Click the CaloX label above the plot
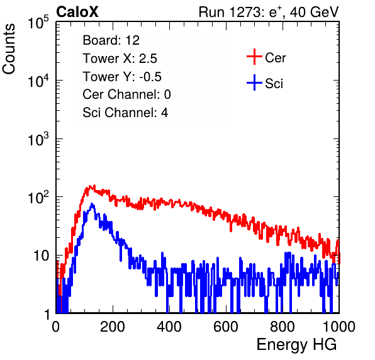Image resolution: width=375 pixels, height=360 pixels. point(77,12)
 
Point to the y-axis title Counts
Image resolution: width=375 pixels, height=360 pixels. point(9,49)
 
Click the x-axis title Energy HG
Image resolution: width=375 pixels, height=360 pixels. point(296,345)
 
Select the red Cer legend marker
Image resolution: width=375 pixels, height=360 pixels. point(254,57)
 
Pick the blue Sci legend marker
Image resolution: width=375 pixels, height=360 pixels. point(254,82)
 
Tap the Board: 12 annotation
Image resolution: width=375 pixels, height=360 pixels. point(111,40)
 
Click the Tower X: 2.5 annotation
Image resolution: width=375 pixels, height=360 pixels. point(120,59)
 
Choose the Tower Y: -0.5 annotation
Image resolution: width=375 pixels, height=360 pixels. point(122,77)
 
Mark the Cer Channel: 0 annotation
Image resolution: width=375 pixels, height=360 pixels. point(126,94)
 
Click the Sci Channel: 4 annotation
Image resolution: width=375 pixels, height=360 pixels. point(125,113)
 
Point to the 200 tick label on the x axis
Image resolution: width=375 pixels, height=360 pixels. point(113,327)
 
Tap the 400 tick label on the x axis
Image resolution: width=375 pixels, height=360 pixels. point(169,327)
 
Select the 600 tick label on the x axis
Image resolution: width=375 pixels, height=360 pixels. point(226,327)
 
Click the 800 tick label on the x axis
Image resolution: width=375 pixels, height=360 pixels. point(283,327)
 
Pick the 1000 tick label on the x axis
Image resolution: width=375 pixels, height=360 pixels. point(339,327)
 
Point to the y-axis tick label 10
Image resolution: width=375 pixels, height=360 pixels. point(42,256)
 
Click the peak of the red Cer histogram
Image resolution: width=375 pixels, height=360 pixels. point(94,185)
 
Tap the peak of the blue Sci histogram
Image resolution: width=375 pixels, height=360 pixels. point(92,204)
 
